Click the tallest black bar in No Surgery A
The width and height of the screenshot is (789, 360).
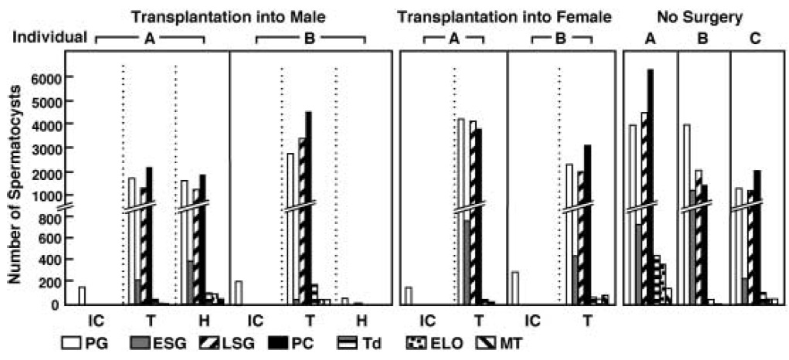(x=651, y=185)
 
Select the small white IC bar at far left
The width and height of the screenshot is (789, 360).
(x=82, y=295)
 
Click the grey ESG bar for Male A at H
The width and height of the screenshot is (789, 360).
(x=189, y=282)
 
